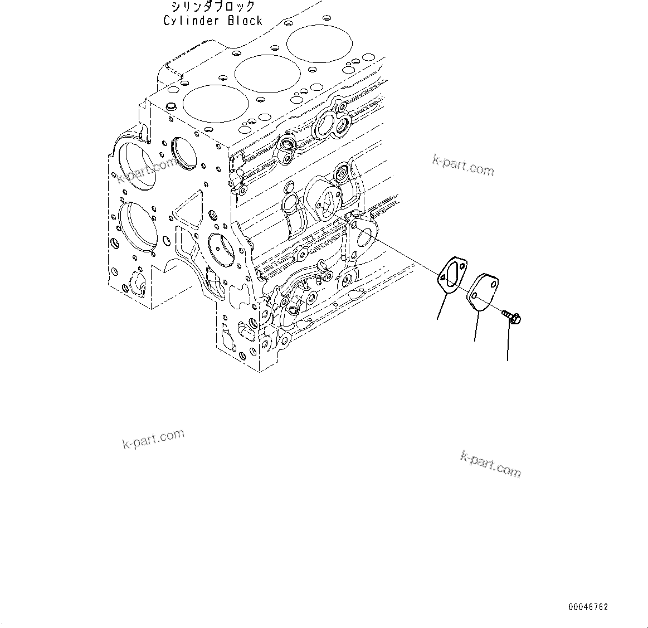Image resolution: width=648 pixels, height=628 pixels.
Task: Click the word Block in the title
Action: (245, 21)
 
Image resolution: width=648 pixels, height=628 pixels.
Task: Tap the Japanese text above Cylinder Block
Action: (213, 7)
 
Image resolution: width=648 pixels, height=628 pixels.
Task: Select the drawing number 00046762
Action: (588, 607)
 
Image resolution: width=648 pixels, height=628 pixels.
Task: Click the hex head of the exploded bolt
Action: (516, 319)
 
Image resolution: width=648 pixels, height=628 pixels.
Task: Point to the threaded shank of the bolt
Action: (506, 314)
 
